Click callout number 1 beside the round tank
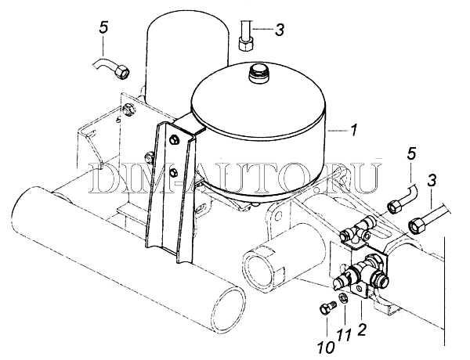(354, 130)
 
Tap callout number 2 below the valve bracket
(362, 329)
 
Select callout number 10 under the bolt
(326, 347)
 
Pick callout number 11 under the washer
(345, 334)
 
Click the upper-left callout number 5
(103, 28)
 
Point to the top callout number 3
(280, 30)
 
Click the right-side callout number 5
(411, 154)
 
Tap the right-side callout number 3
(432, 182)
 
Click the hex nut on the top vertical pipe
(246, 44)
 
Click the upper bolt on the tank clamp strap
(174, 139)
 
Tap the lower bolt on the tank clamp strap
(173, 172)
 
